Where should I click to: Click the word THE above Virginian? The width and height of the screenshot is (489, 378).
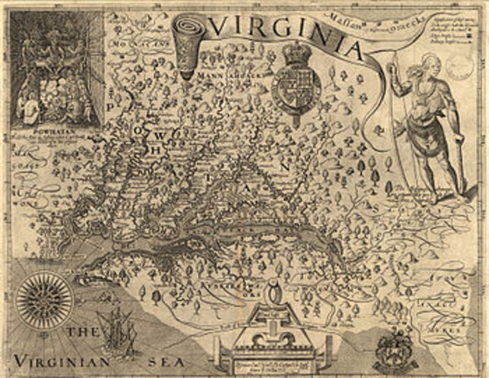81,335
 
